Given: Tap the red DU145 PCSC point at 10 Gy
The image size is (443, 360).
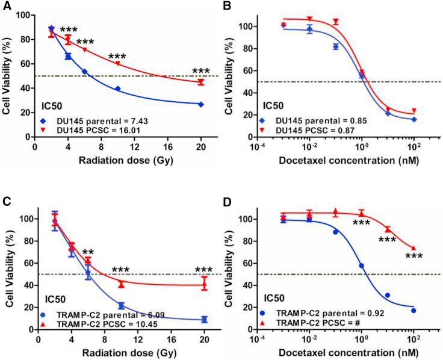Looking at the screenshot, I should pyautogui.click(x=118, y=63).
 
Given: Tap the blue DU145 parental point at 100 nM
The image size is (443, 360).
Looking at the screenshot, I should pyautogui.click(x=414, y=119).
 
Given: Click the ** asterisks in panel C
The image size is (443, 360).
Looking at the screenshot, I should pyautogui.click(x=88, y=252).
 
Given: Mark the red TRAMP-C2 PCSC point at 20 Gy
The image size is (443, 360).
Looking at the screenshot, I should pyautogui.click(x=204, y=285).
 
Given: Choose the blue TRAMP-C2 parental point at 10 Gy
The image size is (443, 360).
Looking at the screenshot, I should pyautogui.click(x=121, y=306).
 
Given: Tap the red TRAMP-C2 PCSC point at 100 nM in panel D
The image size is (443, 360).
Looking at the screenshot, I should pyautogui.click(x=414, y=247).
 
